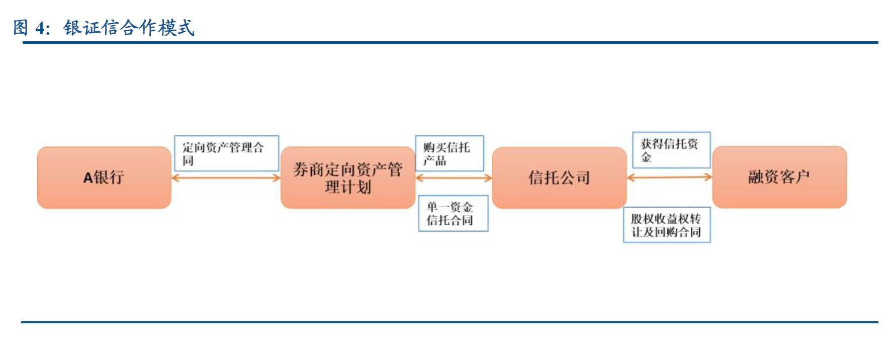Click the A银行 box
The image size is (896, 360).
(x=104, y=177)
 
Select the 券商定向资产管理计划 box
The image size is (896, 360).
(x=348, y=177)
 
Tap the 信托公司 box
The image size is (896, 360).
(x=559, y=177)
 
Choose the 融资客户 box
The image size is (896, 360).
(x=779, y=177)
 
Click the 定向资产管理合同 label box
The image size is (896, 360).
(x=226, y=153)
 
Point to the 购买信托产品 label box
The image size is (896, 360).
(x=449, y=153)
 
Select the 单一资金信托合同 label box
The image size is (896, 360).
(x=453, y=214)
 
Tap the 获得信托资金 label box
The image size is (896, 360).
(x=671, y=150)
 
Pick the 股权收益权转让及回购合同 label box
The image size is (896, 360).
(x=667, y=225)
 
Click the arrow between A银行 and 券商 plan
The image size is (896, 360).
(x=226, y=177)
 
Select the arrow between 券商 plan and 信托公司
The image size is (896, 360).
(x=454, y=177)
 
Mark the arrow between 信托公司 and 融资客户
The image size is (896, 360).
(x=670, y=177)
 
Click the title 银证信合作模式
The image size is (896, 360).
(x=129, y=28)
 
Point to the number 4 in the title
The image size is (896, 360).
(x=40, y=28)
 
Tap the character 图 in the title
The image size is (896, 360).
(x=21, y=28)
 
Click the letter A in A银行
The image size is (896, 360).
(x=88, y=177)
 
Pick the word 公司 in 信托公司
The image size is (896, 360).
(x=575, y=177)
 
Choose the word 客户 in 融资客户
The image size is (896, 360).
(x=794, y=177)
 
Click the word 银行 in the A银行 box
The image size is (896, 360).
(x=109, y=177)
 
